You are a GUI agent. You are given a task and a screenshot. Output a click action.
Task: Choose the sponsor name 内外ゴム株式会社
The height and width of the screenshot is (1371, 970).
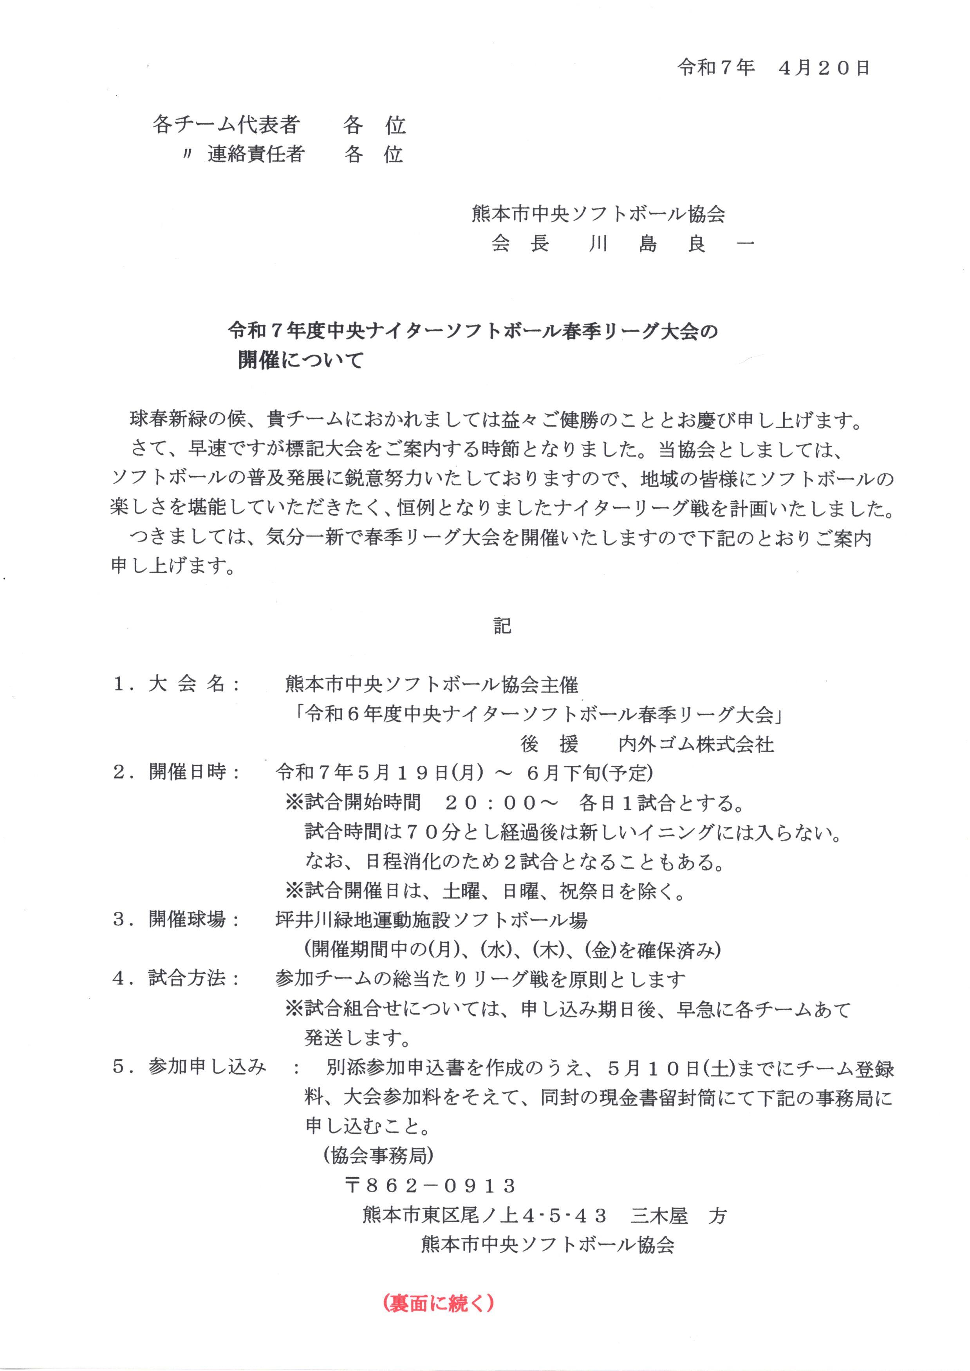click(696, 744)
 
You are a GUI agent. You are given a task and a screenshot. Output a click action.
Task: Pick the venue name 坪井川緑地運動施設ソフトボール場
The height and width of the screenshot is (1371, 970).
click(431, 920)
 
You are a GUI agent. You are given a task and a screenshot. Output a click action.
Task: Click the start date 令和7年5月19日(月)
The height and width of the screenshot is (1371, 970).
click(380, 773)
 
